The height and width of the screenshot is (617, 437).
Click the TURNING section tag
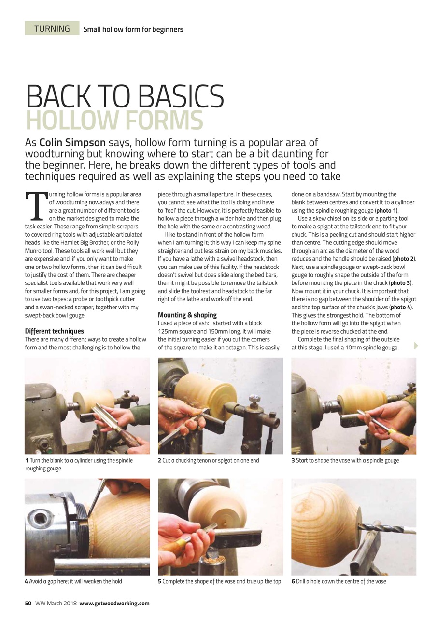coord(52,28)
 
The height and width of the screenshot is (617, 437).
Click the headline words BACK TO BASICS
coord(125,96)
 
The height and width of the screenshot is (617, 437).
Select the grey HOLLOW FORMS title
coord(114,121)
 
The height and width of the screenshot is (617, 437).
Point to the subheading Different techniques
coord(54,331)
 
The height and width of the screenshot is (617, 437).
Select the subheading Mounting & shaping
coord(187,315)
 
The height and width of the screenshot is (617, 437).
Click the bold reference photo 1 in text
coord(386,211)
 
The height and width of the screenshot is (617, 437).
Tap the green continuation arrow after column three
coord(416,346)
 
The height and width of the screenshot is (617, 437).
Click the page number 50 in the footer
coord(28,603)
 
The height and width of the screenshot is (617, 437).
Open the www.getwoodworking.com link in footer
coord(114,603)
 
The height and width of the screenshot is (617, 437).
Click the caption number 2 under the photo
coord(159,461)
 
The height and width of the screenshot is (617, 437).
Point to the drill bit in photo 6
coord(389,528)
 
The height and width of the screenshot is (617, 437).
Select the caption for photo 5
coord(219,581)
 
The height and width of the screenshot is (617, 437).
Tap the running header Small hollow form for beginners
coord(133,29)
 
